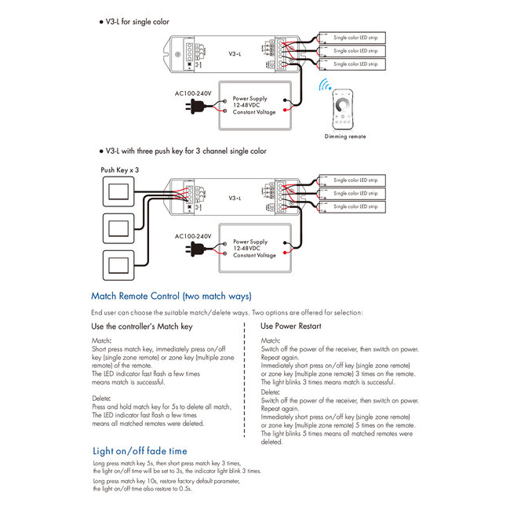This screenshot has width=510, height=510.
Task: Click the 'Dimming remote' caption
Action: click(345, 137)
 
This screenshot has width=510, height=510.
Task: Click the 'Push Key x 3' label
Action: click(120, 169)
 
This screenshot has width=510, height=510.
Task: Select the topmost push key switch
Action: click(120, 191)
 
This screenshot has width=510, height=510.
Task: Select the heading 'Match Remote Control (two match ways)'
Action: click(171, 297)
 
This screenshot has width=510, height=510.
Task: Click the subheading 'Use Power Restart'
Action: click(290, 326)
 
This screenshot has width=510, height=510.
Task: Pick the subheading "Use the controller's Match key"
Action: click(141, 326)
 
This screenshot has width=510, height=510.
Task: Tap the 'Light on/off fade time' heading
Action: click(140, 451)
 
